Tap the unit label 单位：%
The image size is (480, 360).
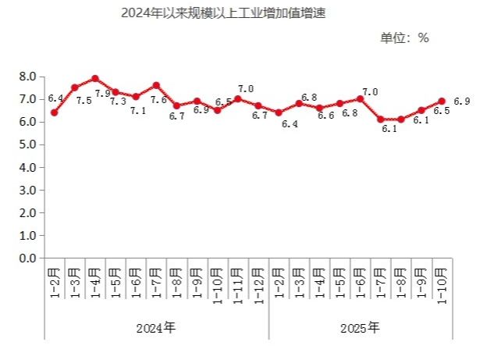point(404,37)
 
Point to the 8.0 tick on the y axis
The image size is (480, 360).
point(27,77)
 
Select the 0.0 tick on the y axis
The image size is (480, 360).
point(27,258)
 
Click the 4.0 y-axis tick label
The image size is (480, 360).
point(27,167)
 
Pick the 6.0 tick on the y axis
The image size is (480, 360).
point(27,122)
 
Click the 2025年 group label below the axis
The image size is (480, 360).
point(361,327)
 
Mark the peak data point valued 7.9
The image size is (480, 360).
point(95,79)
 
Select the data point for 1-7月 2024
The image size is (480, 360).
point(156,85)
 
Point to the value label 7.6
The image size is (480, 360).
point(158,101)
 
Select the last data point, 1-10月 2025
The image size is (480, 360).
point(441,102)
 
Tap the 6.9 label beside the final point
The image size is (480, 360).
point(461,102)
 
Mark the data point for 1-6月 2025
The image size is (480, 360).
point(360,99)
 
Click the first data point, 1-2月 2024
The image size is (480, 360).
point(54,112)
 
